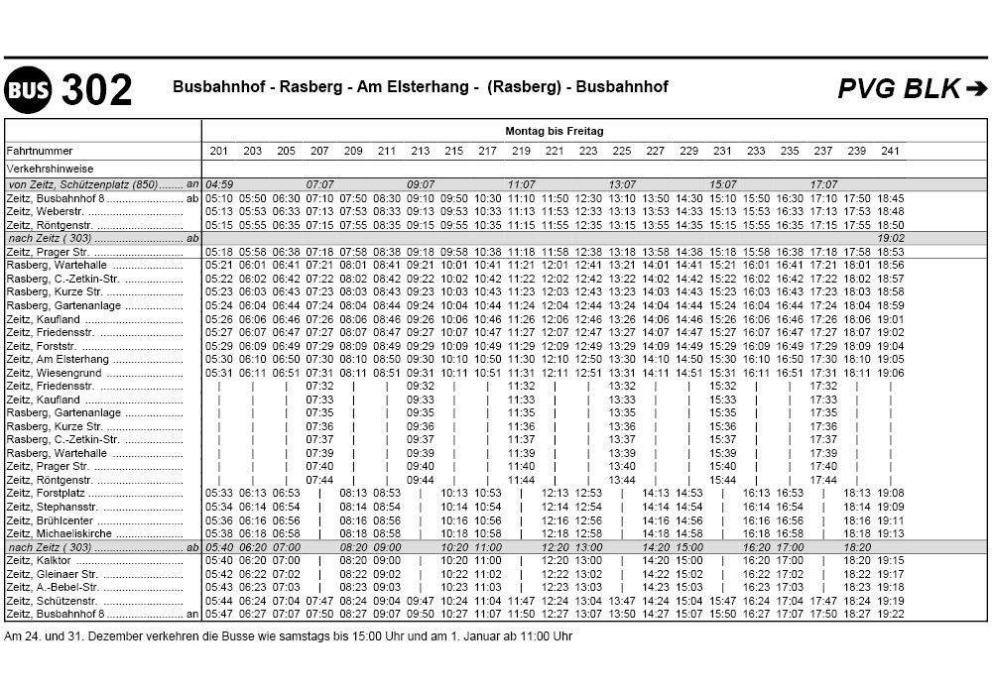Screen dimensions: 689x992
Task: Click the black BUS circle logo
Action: tap(29, 90)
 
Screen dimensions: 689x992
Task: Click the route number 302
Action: tap(96, 90)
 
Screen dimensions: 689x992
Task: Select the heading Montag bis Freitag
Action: tap(554, 131)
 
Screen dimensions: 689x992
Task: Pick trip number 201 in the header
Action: tap(219, 151)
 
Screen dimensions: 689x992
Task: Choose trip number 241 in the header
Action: tap(891, 151)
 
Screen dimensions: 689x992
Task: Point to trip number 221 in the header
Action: tap(555, 151)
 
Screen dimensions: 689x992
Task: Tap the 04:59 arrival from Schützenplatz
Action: tap(219, 184)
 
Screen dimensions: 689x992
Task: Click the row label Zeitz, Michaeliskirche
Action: tap(60, 533)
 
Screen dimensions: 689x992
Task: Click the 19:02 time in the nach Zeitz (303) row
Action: tap(891, 238)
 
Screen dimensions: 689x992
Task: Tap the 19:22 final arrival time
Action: tap(891, 614)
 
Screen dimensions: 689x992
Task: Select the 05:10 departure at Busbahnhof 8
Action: tap(219, 198)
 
